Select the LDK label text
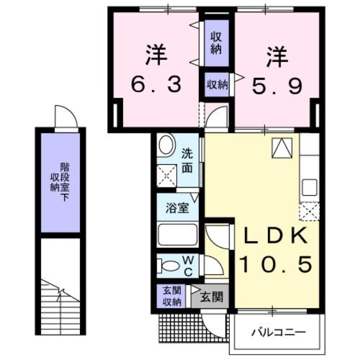click(276, 235)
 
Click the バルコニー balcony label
click(279, 333)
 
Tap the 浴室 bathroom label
click(177, 208)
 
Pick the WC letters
click(189, 265)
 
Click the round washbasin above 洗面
click(167, 145)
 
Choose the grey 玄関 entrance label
click(211, 297)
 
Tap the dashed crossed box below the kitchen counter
click(310, 211)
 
